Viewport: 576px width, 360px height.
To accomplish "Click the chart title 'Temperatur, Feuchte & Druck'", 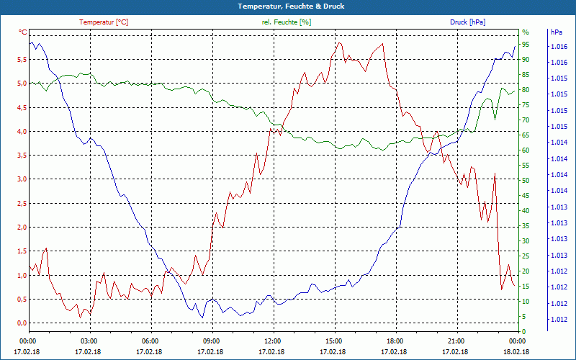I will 288,6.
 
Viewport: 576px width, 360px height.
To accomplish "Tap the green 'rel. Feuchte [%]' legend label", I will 287,22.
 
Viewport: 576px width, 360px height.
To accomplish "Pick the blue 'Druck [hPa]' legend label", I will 467,22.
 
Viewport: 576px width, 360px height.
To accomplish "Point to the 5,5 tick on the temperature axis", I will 21,59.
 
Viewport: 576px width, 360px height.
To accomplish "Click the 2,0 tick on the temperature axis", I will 21,227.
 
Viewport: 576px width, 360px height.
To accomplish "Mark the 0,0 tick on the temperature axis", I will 21,323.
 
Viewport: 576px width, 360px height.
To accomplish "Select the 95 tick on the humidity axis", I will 526,44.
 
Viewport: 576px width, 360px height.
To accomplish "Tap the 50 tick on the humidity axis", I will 526,180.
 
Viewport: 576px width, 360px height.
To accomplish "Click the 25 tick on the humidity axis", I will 526,256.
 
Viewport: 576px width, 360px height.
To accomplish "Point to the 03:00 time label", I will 89,341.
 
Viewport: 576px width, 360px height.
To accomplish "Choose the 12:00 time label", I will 273,341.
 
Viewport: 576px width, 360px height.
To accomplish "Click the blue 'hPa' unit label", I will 556,32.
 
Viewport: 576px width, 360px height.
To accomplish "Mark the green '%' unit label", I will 526,32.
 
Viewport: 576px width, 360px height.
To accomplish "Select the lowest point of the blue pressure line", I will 202,318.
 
